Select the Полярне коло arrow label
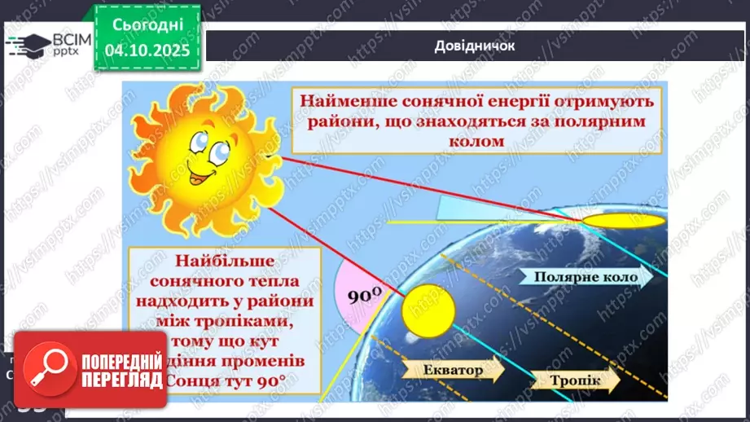[x=581, y=277]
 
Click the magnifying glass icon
[x=46, y=376]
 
